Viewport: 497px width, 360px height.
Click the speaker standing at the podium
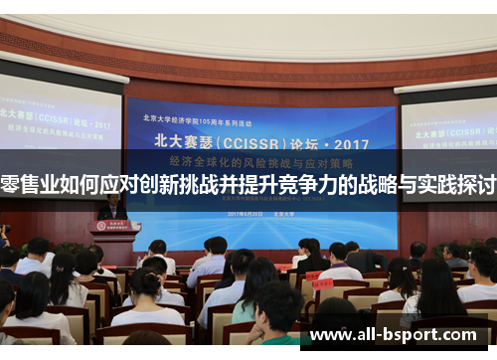click(x=111, y=207)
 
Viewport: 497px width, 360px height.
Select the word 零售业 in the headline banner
click(x=35, y=186)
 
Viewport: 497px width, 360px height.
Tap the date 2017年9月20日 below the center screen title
click(x=244, y=213)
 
